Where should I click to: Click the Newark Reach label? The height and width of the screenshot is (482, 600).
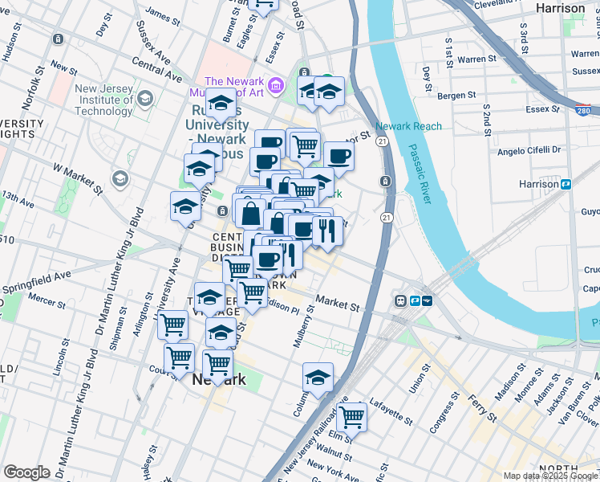point(408,127)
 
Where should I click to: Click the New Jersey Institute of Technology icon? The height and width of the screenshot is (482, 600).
point(145,99)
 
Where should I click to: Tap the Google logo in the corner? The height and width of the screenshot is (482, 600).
point(26,472)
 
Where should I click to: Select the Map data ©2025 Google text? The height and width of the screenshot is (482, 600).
point(549,476)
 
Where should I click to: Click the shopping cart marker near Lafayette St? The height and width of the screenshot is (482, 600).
point(351,417)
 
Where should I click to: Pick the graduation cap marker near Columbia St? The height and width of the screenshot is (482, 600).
point(318,377)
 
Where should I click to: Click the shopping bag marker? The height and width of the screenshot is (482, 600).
point(250,213)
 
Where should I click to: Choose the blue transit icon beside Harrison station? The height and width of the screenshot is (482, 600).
point(566,184)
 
